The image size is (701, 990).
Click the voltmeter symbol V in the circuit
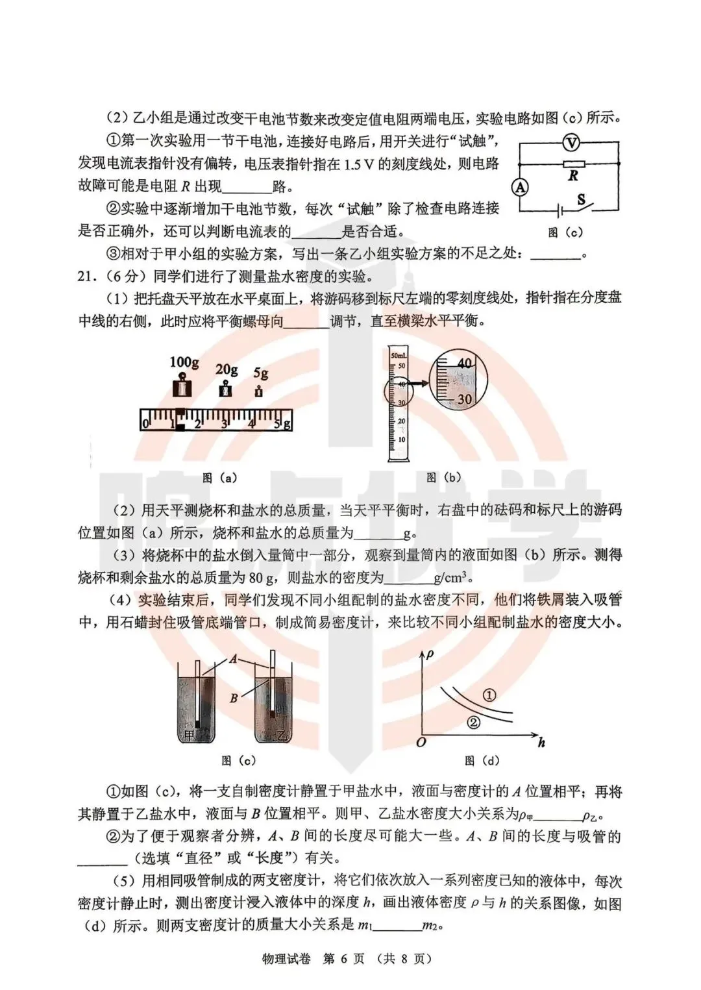(569, 143)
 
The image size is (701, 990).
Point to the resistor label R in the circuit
(573, 176)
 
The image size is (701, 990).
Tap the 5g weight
(260, 391)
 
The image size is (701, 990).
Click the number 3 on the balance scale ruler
(224, 425)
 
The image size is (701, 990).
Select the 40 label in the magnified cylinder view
(463, 364)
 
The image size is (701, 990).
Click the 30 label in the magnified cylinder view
(463, 399)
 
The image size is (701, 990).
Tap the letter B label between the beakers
(234, 699)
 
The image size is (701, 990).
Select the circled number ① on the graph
(490, 695)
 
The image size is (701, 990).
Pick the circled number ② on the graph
(474, 721)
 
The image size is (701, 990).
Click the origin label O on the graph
(421, 741)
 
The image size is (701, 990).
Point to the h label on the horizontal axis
(541, 743)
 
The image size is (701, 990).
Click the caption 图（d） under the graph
(482, 760)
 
